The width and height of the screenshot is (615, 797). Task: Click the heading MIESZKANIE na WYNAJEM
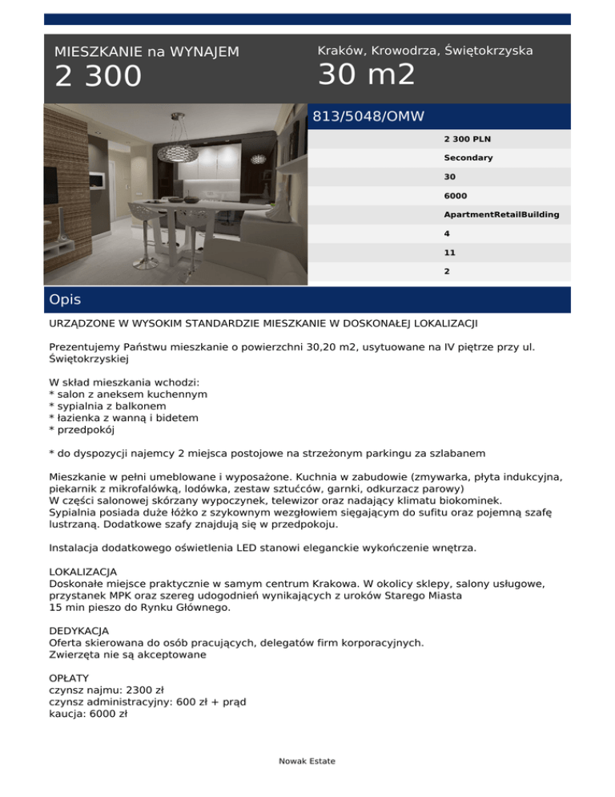[x=147, y=52]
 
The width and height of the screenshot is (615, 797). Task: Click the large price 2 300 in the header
[x=98, y=78]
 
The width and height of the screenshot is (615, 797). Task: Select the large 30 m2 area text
[x=367, y=75]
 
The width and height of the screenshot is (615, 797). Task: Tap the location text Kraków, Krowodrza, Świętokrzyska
[x=425, y=51]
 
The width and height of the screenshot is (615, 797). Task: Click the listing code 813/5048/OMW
[x=368, y=117]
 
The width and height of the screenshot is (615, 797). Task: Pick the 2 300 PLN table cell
[x=468, y=139]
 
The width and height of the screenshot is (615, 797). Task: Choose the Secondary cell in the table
[x=468, y=158]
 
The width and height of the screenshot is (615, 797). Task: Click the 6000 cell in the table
[x=456, y=195]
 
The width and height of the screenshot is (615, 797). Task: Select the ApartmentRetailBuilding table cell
[x=501, y=214]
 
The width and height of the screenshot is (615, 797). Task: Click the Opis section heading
[x=65, y=300]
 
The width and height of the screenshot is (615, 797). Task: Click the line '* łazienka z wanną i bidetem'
[x=123, y=418]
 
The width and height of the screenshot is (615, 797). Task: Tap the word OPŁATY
[x=70, y=678]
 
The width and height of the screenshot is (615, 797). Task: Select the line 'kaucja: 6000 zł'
[x=88, y=713]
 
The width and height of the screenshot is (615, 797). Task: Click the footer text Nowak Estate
[x=307, y=761]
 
